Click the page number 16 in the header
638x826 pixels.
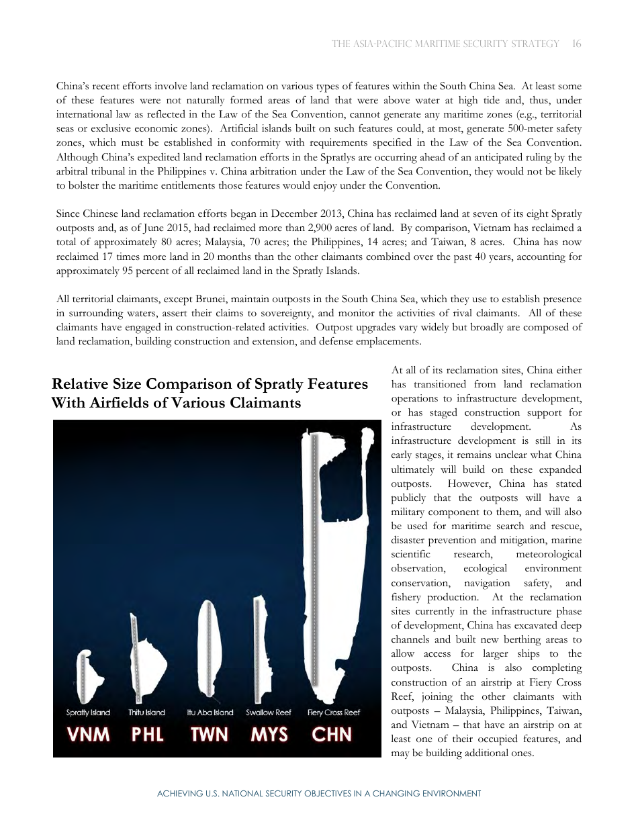(x=577, y=44)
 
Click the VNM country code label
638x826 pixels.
(x=88, y=734)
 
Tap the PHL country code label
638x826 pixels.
(x=147, y=734)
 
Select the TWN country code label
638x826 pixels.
(x=210, y=734)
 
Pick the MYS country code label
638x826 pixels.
(x=269, y=734)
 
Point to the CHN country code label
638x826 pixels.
(x=332, y=734)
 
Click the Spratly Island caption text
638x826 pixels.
(x=88, y=713)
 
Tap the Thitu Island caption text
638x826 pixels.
(x=146, y=713)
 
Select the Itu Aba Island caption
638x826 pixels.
(x=210, y=713)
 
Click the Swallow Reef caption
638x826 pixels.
(x=269, y=713)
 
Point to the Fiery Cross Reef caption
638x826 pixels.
(x=334, y=713)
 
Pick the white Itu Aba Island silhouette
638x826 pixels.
(x=210, y=651)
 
